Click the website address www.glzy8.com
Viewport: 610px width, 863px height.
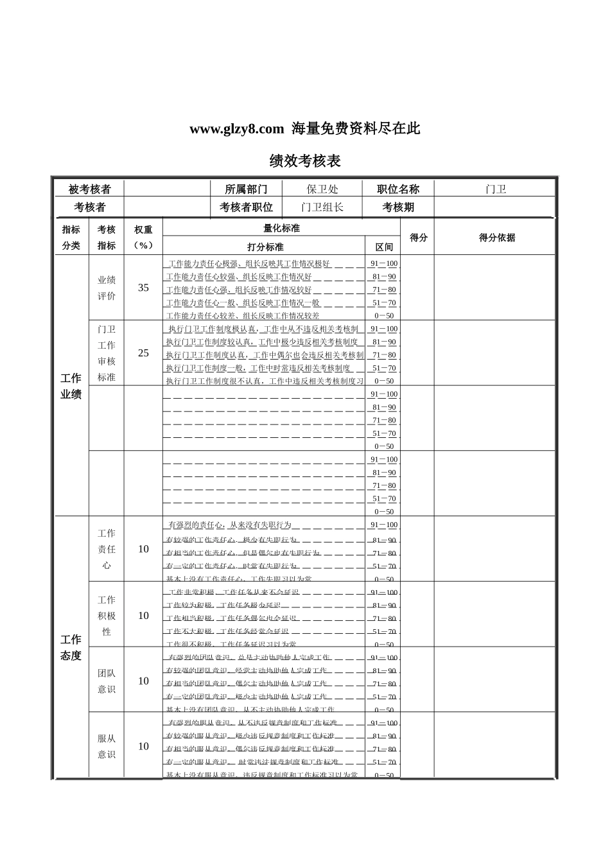pyautogui.click(x=236, y=129)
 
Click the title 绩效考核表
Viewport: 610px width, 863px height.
pyautogui.click(x=304, y=161)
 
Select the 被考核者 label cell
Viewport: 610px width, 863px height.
pyautogui.click(x=89, y=189)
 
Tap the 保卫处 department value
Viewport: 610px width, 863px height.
pyautogui.click(x=322, y=189)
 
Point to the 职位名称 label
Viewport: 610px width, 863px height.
pyautogui.click(x=398, y=189)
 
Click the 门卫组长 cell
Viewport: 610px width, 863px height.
pyautogui.click(x=322, y=207)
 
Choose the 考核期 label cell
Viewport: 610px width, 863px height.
pyautogui.click(x=398, y=207)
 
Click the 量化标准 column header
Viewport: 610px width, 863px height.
pyautogui.click(x=281, y=228)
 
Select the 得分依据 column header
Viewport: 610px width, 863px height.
pyautogui.click(x=496, y=238)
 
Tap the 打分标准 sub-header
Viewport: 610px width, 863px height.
pyautogui.click(x=265, y=247)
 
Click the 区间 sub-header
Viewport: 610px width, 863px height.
pyautogui.click(x=384, y=247)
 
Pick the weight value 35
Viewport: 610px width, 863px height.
pyautogui.click(x=143, y=288)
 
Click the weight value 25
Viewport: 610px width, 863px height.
pyautogui.click(x=143, y=353)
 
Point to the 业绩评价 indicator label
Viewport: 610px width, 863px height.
pyautogui.click(x=107, y=288)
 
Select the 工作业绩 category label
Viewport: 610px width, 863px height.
pyautogui.click(x=71, y=386)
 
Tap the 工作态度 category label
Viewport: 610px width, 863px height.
pyautogui.click(x=71, y=647)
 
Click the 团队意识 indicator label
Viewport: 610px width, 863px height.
pyautogui.click(x=107, y=681)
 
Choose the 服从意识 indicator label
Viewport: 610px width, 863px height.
pyautogui.click(x=107, y=746)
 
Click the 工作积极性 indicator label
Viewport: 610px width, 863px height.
pyautogui.click(x=107, y=615)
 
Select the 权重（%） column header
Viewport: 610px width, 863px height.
pyautogui.click(x=143, y=238)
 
